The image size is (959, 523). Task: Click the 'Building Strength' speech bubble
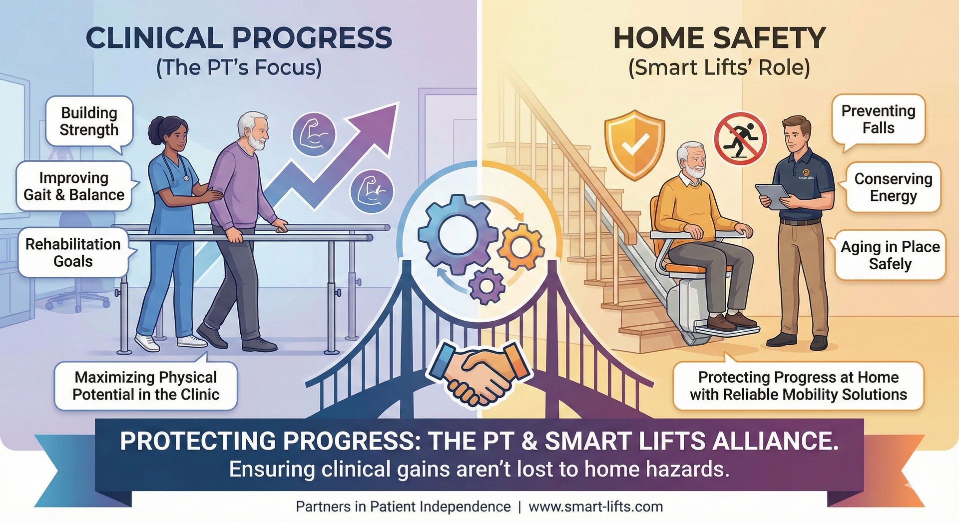pos(89,121)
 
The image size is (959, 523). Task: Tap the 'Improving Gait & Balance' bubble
pos(74,186)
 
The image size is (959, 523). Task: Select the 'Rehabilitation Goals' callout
pos(73,253)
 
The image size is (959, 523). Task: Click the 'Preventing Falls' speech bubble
pos(878,119)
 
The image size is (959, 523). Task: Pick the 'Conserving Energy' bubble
pos(893,187)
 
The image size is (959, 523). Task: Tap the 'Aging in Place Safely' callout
pos(890,255)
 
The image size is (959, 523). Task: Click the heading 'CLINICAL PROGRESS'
pos(239,38)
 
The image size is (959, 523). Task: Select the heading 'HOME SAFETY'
pos(719,38)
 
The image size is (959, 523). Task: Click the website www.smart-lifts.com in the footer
pos(595,507)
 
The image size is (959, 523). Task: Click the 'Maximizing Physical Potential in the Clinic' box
pos(145,386)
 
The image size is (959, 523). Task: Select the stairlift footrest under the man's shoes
pos(727,330)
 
